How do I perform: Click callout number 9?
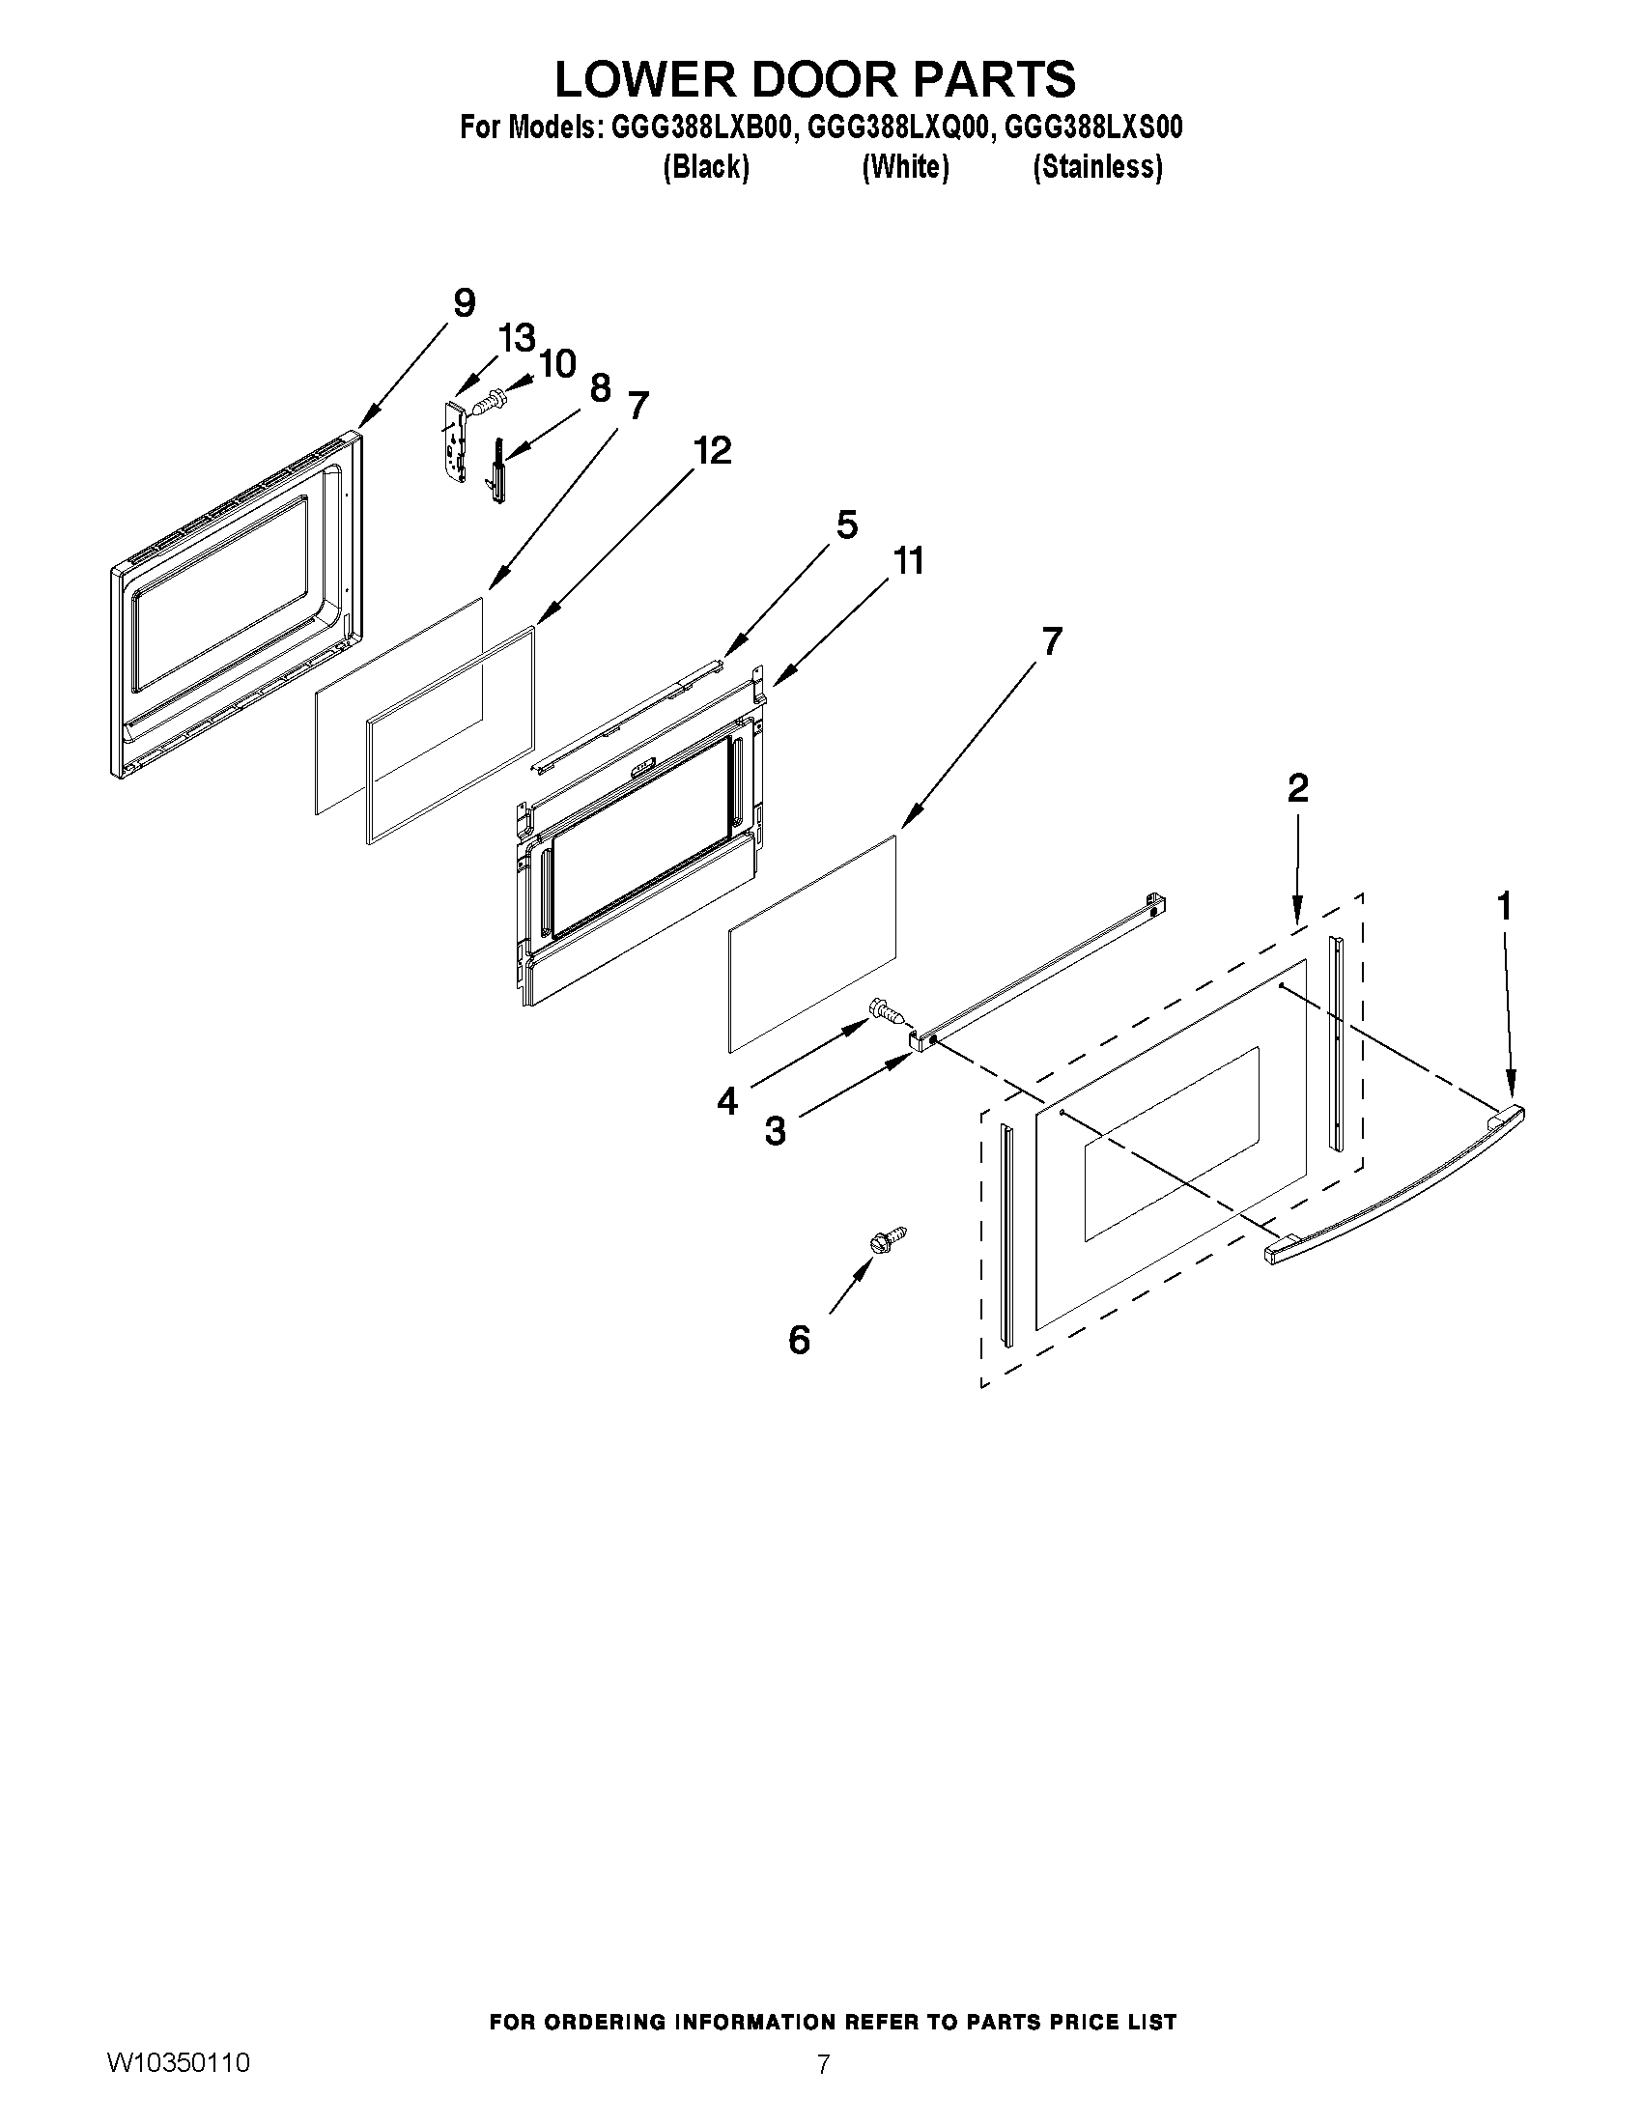pyautogui.click(x=465, y=302)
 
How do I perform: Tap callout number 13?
pyautogui.click(x=517, y=339)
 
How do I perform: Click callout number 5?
pyautogui.click(x=847, y=524)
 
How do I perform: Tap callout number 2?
pyautogui.click(x=1297, y=788)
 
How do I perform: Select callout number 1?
pyautogui.click(x=1504, y=907)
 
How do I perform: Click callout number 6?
pyautogui.click(x=798, y=1341)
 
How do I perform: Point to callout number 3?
pyautogui.click(x=775, y=1132)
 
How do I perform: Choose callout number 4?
pyautogui.click(x=727, y=1101)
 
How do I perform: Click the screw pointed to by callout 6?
pyautogui.click(x=890, y=1239)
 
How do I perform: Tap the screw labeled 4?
pyautogui.click(x=888, y=1010)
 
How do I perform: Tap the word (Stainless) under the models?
pyautogui.click(x=1097, y=167)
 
